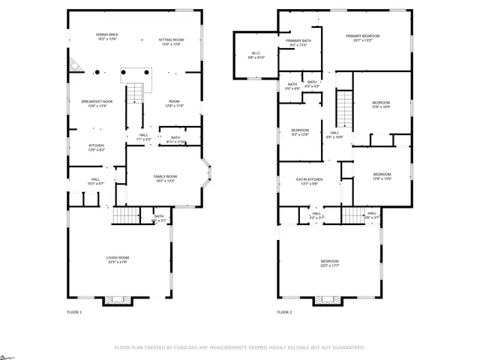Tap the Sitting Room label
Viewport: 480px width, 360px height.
[171, 41]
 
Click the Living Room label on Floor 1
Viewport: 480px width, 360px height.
[118, 259]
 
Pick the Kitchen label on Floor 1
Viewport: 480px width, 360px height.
[97, 147]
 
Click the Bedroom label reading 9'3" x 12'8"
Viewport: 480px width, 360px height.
[300, 132]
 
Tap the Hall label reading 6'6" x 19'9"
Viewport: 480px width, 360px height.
[335, 135]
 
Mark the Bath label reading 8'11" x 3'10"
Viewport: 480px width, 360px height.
[175, 139]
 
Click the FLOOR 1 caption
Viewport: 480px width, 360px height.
[74, 311]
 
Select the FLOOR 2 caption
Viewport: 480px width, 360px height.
[284, 311]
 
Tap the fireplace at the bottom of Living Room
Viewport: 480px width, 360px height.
[117, 300]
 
